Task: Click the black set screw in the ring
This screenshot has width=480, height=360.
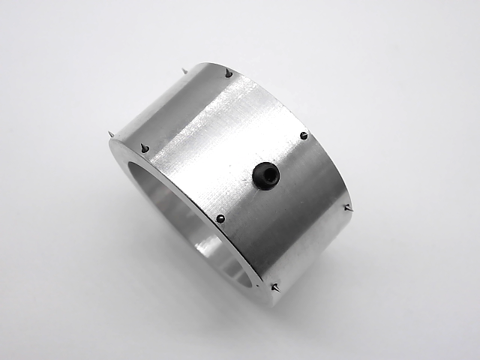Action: (x=265, y=175)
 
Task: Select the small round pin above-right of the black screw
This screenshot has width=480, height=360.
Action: (x=303, y=136)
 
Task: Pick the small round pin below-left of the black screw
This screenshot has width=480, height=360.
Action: (x=220, y=218)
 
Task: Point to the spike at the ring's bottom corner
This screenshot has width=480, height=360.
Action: (x=275, y=287)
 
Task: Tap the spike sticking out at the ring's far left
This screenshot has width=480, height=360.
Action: (x=111, y=134)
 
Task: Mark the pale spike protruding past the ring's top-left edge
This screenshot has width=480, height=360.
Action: (x=184, y=71)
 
